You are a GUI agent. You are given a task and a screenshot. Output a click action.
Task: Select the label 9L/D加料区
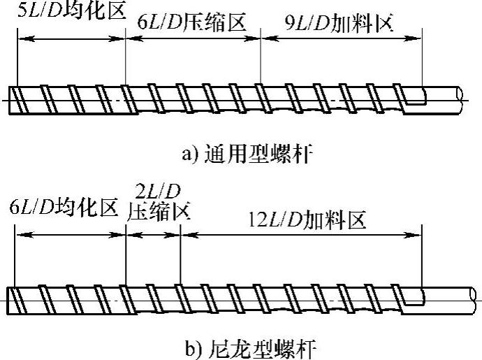pyautogui.click(x=341, y=24)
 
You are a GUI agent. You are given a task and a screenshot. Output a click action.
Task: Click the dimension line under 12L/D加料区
pyautogui.click(x=300, y=235)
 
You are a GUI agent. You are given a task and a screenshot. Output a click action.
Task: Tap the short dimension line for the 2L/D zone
pyautogui.click(x=152, y=235)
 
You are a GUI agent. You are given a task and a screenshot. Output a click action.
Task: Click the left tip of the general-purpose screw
pyautogui.click(x=14, y=99)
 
